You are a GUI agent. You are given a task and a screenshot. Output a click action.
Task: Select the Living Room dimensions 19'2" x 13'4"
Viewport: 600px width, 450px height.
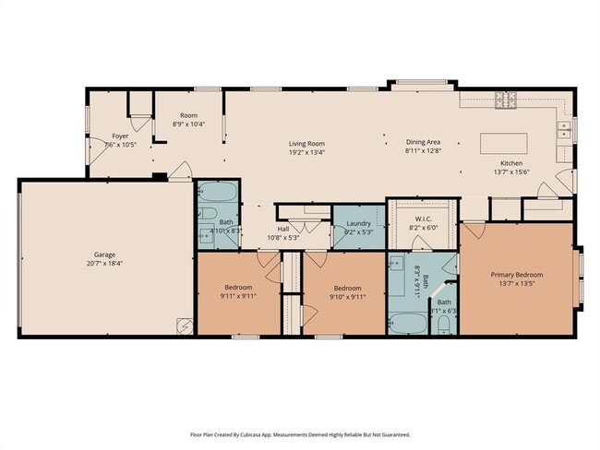click(x=306, y=152)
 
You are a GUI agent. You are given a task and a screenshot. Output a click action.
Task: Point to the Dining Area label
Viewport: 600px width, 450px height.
click(x=424, y=142)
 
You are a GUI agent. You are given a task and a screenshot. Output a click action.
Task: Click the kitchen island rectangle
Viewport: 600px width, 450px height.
click(x=503, y=144)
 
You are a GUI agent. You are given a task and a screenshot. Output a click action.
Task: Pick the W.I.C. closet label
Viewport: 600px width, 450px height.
click(x=422, y=219)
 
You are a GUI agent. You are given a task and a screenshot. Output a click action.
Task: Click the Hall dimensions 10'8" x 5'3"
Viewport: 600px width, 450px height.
click(x=284, y=238)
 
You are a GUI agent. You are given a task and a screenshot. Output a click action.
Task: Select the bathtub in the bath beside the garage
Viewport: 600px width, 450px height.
click(x=218, y=193)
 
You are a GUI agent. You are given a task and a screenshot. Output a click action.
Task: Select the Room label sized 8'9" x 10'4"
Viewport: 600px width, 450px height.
click(x=188, y=124)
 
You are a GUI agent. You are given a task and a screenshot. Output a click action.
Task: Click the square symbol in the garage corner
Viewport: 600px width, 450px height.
click(x=184, y=325)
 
